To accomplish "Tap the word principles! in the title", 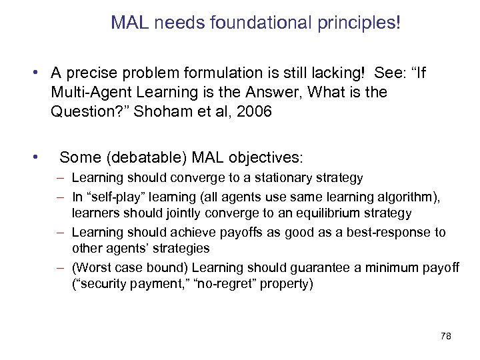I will [x=359, y=24].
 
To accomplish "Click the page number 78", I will [x=446, y=337].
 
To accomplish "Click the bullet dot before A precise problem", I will [x=32, y=70].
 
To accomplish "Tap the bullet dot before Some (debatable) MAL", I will [x=32, y=158].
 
